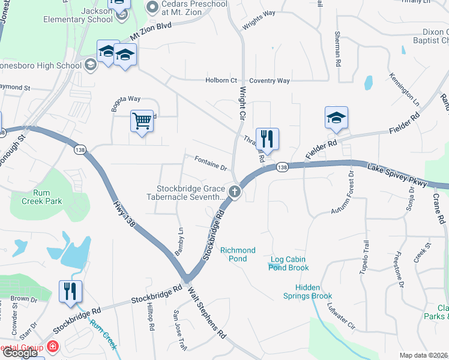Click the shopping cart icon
click(x=142, y=121)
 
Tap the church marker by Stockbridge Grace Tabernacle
click(x=235, y=193)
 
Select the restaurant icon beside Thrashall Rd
click(x=265, y=139)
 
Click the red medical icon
click(x=53, y=347)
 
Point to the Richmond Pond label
click(x=238, y=254)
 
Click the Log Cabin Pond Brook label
click(x=289, y=264)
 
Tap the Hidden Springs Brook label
click(x=309, y=292)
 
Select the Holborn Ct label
click(x=221, y=80)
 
